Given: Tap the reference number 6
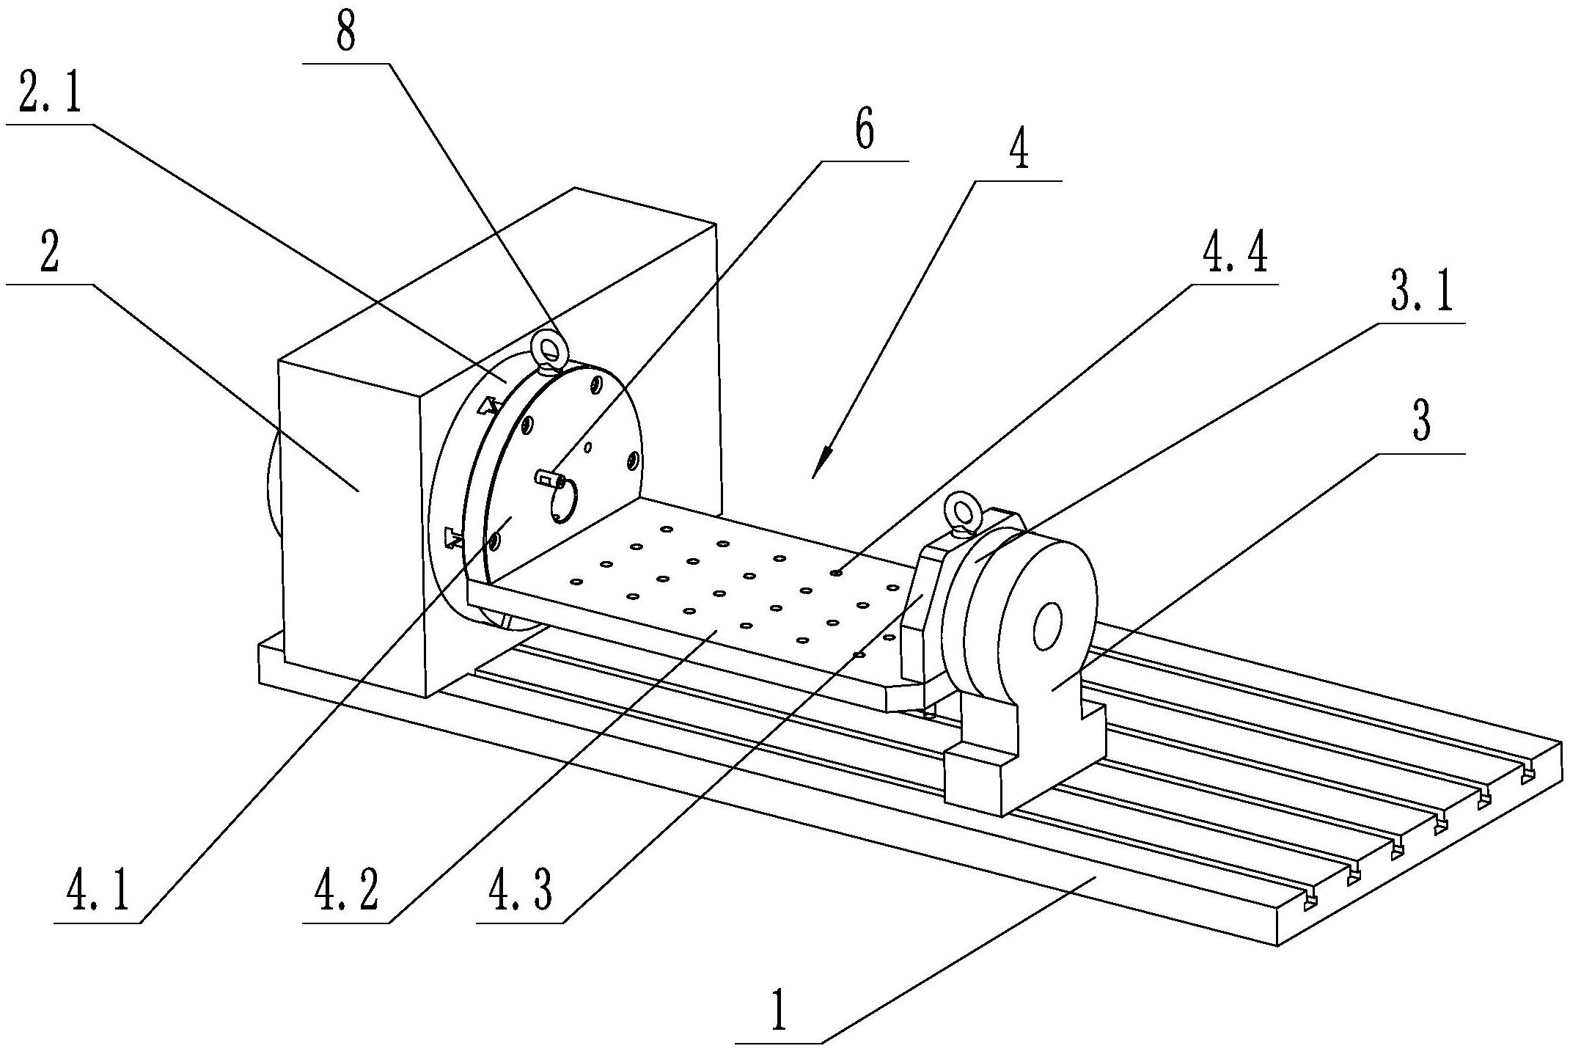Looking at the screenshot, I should [865, 131].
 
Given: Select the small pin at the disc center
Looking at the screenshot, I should [549, 479].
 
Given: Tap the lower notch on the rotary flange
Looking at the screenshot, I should [452, 538].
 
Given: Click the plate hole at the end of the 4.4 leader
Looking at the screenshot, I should [835, 572].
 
